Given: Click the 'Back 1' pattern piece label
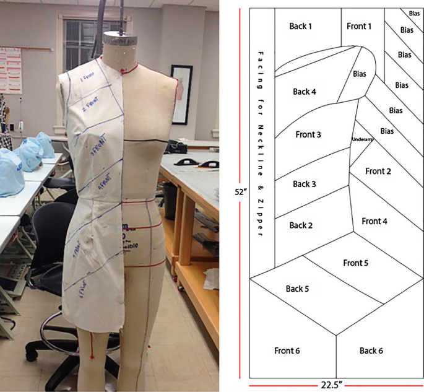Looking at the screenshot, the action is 301,26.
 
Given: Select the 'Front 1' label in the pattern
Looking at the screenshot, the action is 359,26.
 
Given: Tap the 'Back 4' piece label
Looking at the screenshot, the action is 305,92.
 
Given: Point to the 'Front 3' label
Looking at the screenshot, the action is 308,134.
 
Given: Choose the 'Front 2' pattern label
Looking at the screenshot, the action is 378,171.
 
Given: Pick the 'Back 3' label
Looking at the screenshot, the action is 305,184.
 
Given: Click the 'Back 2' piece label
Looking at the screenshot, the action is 301,225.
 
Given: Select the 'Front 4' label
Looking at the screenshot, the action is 374,221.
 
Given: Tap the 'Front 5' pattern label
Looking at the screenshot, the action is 356,263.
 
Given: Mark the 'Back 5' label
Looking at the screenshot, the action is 298,289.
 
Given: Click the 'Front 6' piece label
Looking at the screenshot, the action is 287,351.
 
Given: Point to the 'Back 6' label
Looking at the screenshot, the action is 371,351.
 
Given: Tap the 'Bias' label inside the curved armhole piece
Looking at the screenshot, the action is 360,74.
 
